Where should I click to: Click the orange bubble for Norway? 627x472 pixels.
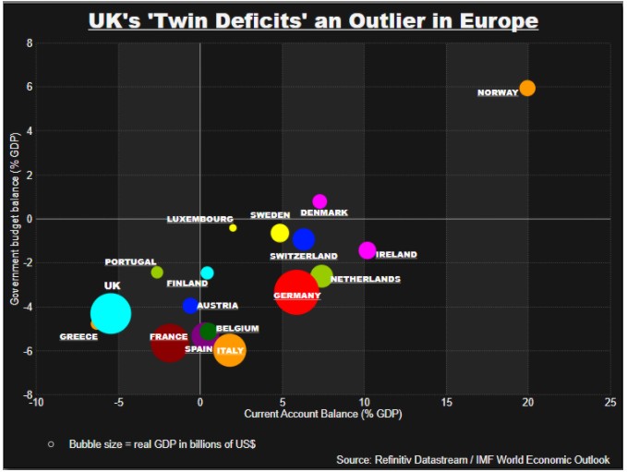[x=527, y=89]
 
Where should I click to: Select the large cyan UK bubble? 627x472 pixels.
[x=111, y=313]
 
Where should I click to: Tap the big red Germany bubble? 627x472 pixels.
[x=296, y=293]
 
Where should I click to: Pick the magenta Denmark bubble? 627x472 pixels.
[x=320, y=201]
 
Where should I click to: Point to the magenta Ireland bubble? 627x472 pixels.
[x=368, y=250]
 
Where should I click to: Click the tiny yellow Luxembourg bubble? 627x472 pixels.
[x=233, y=227]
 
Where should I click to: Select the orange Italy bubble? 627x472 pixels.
[x=229, y=350]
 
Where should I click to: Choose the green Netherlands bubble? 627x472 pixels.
[x=321, y=275]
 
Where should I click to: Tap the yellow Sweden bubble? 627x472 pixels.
[x=280, y=233]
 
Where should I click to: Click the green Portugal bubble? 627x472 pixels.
[x=157, y=272]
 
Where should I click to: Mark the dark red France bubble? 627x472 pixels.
[x=169, y=342]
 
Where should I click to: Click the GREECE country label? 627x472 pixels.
[x=78, y=337]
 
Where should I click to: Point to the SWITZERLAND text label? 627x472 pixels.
[x=304, y=256]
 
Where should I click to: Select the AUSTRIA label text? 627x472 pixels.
[x=218, y=306]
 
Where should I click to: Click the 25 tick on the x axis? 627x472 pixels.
[x=610, y=402]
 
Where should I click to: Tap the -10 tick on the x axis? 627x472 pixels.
[x=35, y=402]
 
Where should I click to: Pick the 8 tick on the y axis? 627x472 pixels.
[x=29, y=43]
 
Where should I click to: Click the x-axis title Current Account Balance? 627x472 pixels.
[x=322, y=414]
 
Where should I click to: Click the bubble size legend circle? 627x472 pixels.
[x=52, y=443]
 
